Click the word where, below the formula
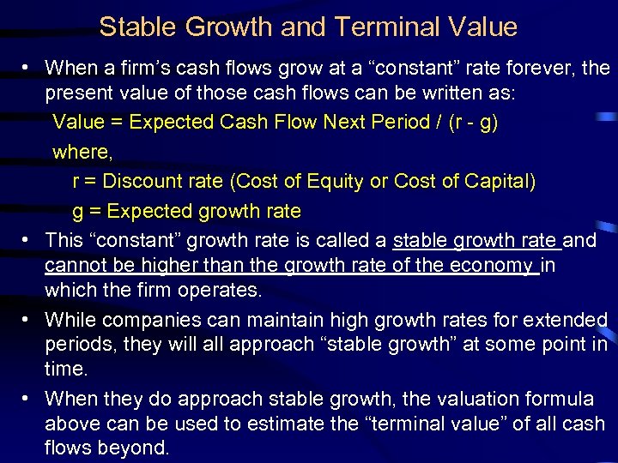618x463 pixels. click(x=81, y=152)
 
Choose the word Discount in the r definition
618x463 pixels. click(x=163, y=181)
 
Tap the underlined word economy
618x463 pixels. click(x=493, y=265)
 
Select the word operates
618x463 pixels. click(x=220, y=290)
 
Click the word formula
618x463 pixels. click(x=563, y=399)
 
